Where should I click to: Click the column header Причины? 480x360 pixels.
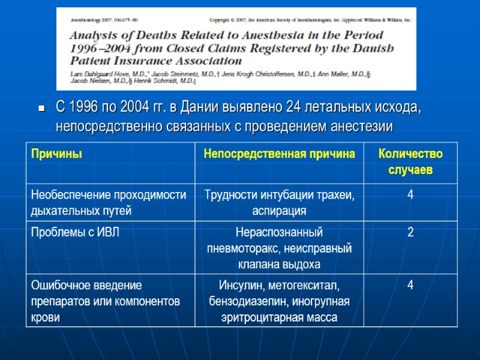(x=57, y=154)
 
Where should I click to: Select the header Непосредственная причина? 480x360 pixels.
(x=280, y=154)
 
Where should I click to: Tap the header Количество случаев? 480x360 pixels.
(x=410, y=162)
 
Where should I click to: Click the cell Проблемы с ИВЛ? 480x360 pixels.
(x=75, y=233)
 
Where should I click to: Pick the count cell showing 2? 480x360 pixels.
(x=410, y=233)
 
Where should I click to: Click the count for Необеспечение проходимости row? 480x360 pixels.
(x=410, y=194)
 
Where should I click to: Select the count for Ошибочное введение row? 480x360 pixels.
(x=410, y=284)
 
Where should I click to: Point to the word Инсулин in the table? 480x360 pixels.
(x=239, y=285)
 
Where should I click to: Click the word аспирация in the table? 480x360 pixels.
(x=280, y=211)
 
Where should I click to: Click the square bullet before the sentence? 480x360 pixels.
(x=41, y=109)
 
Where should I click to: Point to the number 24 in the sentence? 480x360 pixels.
(x=294, y=109)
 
